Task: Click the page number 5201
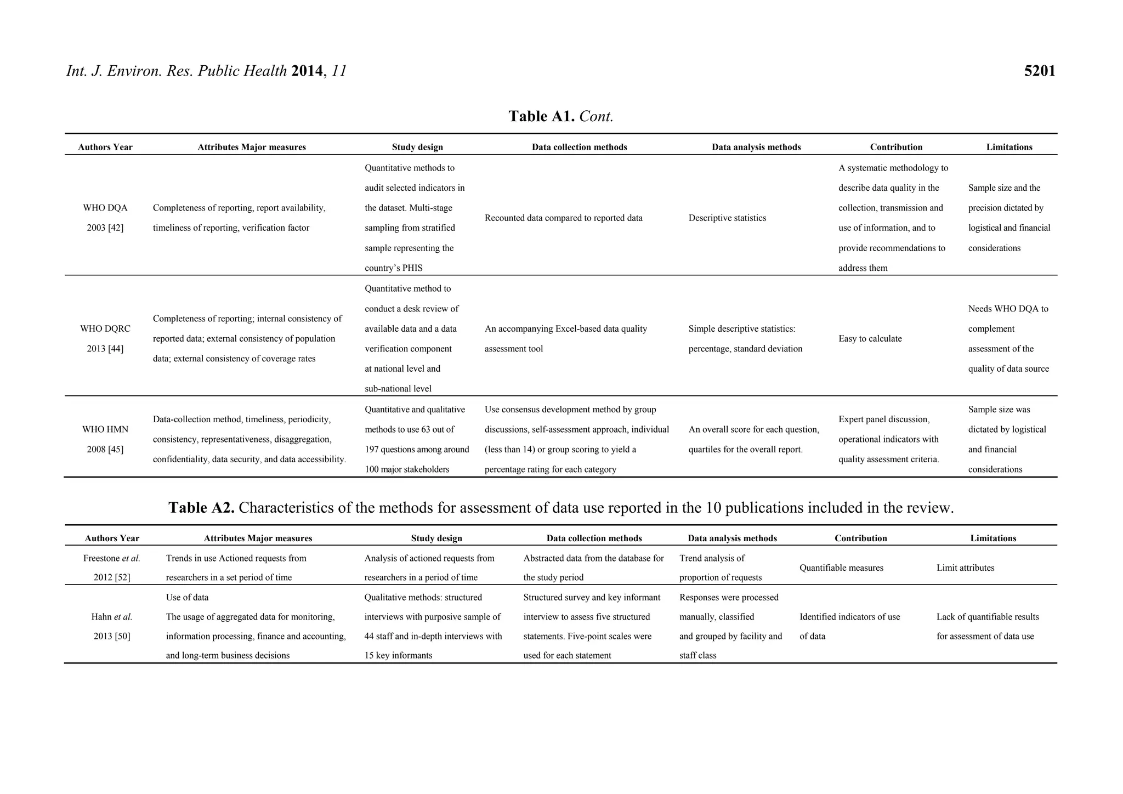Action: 1039,71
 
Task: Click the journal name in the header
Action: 177,71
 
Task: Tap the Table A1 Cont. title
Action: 560,116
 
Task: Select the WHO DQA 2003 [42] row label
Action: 105,218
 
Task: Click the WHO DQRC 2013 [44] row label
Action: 105,338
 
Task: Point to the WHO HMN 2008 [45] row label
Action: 105,439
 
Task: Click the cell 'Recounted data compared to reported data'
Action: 563,218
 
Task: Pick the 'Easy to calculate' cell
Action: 870,339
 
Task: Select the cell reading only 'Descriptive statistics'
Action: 727,218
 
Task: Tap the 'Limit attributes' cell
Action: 965,568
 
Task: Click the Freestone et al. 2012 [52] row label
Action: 112,568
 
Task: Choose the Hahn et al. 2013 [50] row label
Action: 112,626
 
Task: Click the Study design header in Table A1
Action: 417,147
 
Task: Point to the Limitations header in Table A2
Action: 993,538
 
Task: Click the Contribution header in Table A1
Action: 896,147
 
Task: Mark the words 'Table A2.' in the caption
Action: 201,508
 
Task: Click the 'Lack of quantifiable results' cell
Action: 987,626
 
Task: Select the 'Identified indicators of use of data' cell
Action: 849,626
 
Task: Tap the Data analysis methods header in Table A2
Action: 732,538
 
